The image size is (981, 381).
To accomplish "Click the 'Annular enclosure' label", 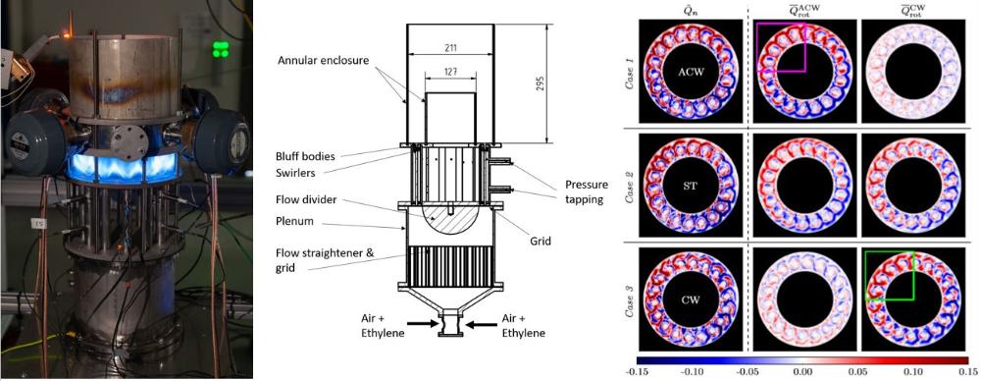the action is click(322, 61).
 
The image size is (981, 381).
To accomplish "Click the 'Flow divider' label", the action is click(305, 200).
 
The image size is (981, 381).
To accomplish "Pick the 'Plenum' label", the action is click(296, 222).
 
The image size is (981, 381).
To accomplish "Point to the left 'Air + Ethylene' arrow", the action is click(419, 324).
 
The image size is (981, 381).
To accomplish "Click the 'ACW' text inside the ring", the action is click(691, 72).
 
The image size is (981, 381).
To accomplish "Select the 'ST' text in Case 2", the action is click(691, 187).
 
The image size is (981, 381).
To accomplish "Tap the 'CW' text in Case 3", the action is click(691, 300).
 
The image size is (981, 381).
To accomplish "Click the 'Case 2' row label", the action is click(630, 187).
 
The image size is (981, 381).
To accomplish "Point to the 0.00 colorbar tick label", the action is click(802, 372).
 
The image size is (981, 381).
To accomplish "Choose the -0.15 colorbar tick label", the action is click(645, 372).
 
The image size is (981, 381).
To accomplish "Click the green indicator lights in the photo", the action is click(220, 49).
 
